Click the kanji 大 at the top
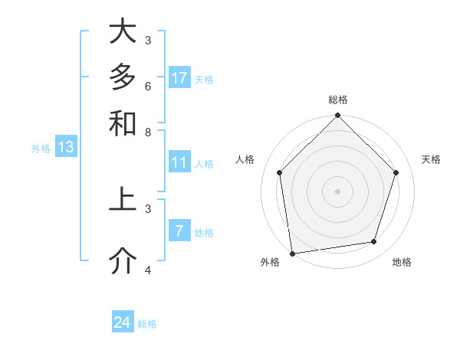point(122,32)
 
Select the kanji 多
point(122,77)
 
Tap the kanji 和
point(122,123)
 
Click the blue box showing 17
point(179,78)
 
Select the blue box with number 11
point(179,162)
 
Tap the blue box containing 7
point(179,231)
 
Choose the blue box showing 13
point(66,148)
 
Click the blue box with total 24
point(123,322)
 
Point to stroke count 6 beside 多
point(148,86)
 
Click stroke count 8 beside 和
point(148,132)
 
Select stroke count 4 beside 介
point(148,270)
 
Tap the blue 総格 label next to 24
point(147,324)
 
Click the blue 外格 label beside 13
point(41,149)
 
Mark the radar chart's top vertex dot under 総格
point(337,116)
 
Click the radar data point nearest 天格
point(396,172)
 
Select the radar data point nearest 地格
point(374,242)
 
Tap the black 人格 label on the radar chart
point(245,159)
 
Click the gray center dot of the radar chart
point(337,191)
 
